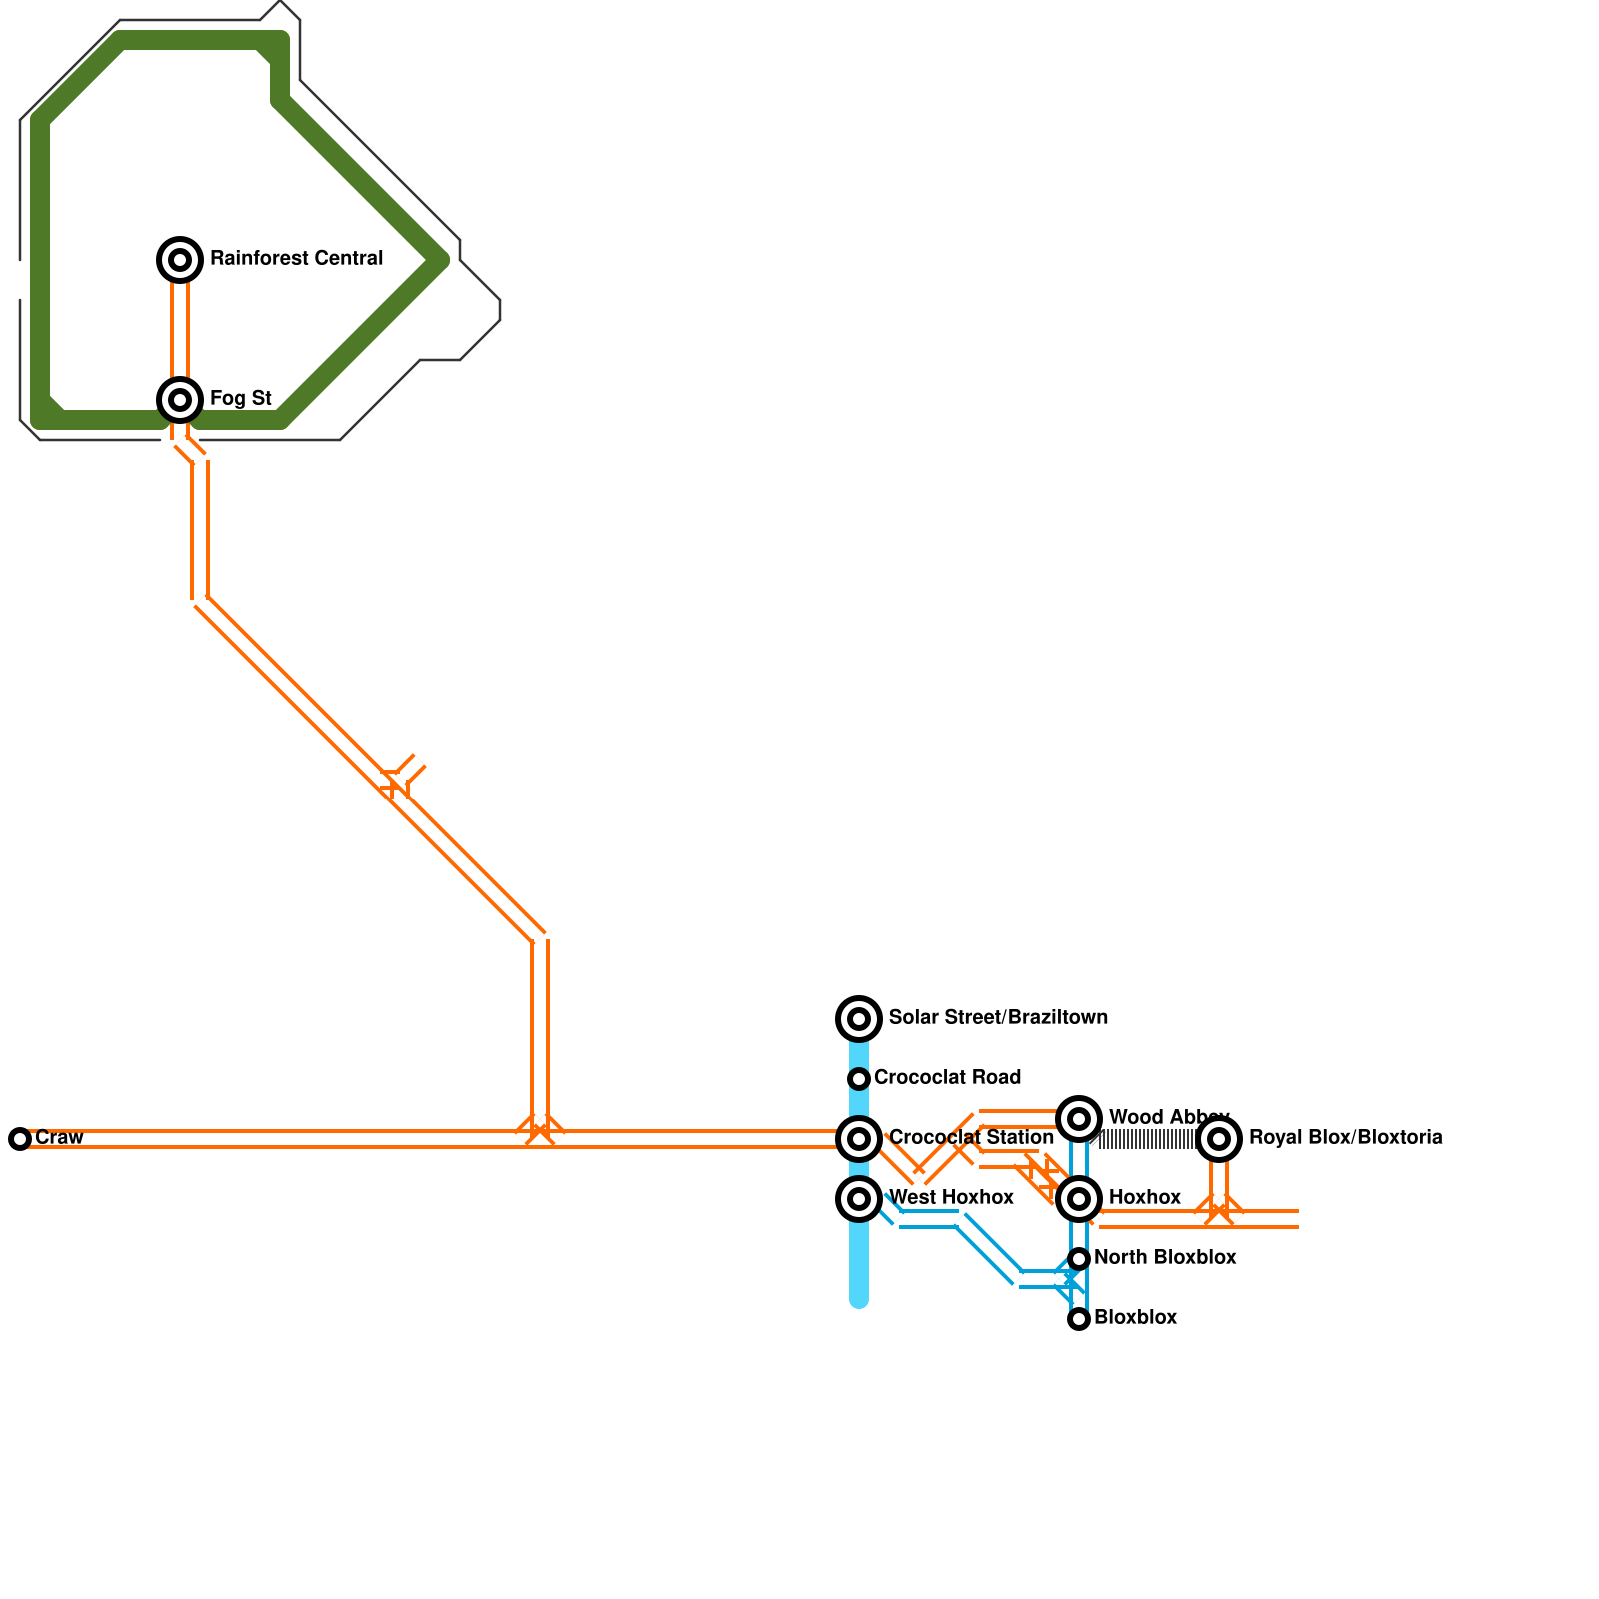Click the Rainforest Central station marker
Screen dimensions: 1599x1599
pyautogui.click(x=180, y=260)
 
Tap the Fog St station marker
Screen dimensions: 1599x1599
pyautogui.click(x=180, y=400)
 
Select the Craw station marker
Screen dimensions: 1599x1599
pyautogui.click(x=20, y=1139)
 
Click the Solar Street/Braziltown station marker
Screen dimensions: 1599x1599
pyautogui.click(x=859, y=1019)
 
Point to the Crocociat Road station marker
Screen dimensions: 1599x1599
pyautogui.click(x=859, y=1079)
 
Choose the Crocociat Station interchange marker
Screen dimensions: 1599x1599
pyautogui.click(x=859, y=1139)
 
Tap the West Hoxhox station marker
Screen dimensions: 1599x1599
pyautogui.click(x=859, y=1199)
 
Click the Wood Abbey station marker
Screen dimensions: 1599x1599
pyautogui.click(x=1079, y=1119)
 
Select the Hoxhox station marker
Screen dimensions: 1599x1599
pyautogui.click(x=1079, y=1199)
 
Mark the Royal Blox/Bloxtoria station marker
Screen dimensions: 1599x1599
pyautogui.click(x=1219, y=1139)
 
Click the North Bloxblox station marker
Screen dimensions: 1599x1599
pyautogui.click(x=1079, y=1259)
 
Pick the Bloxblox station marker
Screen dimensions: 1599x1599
pyautogui.click(x=1079, y=1319)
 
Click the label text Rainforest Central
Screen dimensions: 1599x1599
pyautogui.click(x=296, y=259)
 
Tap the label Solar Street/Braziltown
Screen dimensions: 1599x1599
pyautogui.click(x=998, y=1018)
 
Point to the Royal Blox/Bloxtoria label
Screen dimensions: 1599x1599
pyautogui.click(x=1345, y=1138)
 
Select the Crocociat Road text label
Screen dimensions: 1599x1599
pyautogui.click(x=947, y=1078)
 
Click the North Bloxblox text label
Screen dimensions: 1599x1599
pyautogui.click(x=1165, y=1258)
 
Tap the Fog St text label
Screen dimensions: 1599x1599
pyautogui.click(x=241, y=399)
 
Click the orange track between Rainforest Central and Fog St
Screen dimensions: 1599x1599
pyautogui.click(x=180, y=330)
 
